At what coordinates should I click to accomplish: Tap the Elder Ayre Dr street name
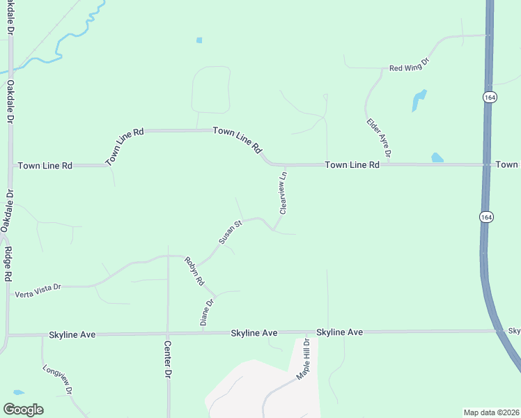(379, 137)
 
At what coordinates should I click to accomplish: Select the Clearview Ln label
(283, 192)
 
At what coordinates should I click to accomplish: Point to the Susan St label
(229, 232)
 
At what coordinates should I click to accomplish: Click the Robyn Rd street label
(194, 272)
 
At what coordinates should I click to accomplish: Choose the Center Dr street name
(168, 359)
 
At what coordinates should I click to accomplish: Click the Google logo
(23, 410)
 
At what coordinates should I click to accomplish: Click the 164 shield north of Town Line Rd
(490, 98)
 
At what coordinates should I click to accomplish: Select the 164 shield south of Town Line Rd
(485, 217)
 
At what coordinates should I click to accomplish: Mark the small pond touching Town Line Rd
(437, 157)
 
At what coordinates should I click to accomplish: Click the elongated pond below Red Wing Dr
(418, 100)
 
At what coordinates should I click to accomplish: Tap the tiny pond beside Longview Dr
(18, 392)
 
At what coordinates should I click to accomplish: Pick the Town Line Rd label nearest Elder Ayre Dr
(352, 165)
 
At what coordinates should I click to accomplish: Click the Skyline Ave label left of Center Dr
(72, 335)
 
